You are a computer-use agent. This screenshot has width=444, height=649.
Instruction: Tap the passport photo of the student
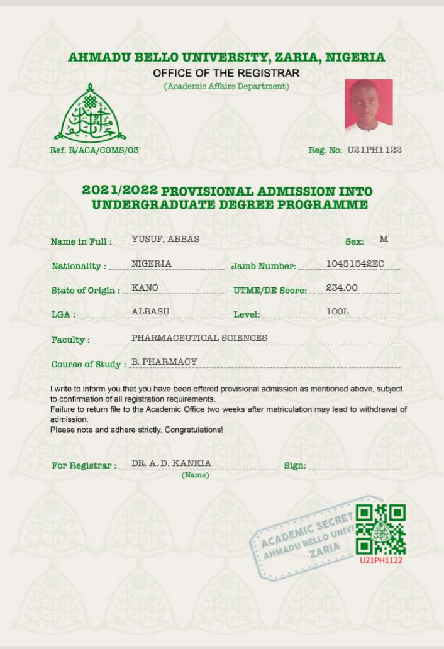click(369, 106)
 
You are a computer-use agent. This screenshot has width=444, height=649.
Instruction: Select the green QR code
click(380, 530)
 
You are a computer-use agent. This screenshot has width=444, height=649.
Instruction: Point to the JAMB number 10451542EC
click(355, 263)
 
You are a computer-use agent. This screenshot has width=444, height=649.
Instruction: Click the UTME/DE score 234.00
click(341, 287)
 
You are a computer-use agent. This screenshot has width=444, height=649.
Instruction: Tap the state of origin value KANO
click(145, 287)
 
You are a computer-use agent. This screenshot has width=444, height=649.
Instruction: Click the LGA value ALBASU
click(150, 311)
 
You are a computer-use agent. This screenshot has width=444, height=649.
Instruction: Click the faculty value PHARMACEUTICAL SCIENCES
click(199, 338)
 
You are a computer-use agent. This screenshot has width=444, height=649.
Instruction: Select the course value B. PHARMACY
click(165, 362)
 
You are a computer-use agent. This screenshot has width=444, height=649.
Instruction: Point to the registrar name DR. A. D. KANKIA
click(171, 463)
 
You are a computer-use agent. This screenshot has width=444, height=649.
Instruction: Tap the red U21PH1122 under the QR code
click(380, 560)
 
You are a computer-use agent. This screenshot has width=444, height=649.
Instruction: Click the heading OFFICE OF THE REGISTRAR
click(226, 74)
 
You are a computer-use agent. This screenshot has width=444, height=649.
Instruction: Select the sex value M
click(384, 239)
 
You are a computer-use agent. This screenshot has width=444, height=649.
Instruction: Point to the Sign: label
click(295, 465)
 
